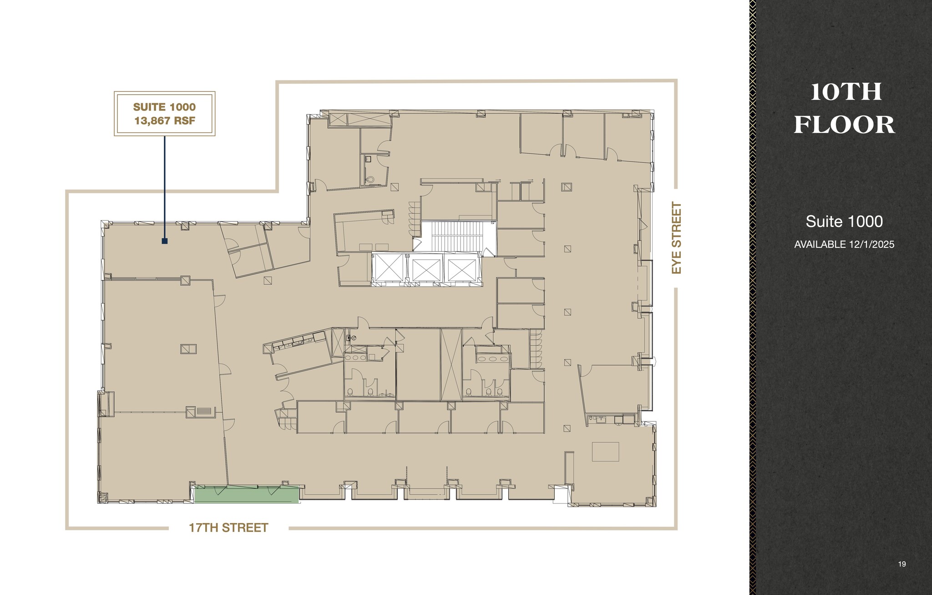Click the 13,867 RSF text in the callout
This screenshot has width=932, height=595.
coord(164,121)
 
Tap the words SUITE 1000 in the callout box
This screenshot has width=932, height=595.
coord(164,107)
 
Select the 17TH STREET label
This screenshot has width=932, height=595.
coord(228,528)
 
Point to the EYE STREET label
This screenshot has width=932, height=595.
coord(677,238)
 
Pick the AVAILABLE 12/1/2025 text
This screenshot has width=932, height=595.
coord(844,245)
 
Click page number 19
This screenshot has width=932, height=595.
coord(902,564)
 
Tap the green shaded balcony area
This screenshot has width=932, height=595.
coord(246,494)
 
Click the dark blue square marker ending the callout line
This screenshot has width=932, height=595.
coord(165,241)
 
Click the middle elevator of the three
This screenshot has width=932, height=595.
coord(426,270)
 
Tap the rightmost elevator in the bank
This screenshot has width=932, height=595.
coord(461,270)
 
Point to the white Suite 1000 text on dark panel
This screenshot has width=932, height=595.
coord(844,222)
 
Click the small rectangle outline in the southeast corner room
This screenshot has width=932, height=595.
coord(605,452)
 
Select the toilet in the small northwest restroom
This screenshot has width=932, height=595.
coord(370,180)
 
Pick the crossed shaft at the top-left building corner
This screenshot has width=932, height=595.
coord(338,120)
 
